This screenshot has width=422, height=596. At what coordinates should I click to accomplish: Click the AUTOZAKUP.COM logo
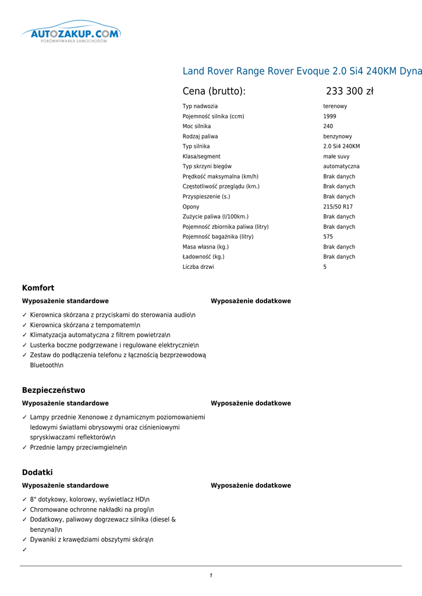point(70,34)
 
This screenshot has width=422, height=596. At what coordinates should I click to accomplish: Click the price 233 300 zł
point(349,91)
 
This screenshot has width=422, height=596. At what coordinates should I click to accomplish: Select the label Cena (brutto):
point(214,91)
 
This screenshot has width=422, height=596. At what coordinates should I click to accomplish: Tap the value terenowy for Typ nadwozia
point(335,107)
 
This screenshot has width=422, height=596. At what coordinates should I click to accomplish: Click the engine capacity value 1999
point(329,116)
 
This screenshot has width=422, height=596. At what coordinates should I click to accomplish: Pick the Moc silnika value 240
point(328,126)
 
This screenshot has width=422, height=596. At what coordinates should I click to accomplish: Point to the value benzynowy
point(338,136)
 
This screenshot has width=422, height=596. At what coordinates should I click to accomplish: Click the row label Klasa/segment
point(201,157)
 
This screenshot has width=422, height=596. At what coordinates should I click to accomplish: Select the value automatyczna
point(341,166)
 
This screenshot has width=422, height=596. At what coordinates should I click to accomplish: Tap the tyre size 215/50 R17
point(338,207)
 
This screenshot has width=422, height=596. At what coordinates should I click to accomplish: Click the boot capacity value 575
point(328,237)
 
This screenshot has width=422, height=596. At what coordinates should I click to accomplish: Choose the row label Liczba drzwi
point(198,267)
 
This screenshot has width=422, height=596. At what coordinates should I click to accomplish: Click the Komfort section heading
point(38,288)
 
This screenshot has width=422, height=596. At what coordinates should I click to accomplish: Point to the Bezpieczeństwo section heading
point(54,390)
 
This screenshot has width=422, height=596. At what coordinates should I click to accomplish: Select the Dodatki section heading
point(37,472)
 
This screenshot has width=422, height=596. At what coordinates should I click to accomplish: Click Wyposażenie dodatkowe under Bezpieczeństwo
point(250,403)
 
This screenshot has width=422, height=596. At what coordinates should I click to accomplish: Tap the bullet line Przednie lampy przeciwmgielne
point(78,448)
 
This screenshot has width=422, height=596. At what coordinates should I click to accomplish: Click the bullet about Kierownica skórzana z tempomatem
point(85,325)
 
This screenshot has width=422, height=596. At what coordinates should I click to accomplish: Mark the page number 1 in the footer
point(211,576)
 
